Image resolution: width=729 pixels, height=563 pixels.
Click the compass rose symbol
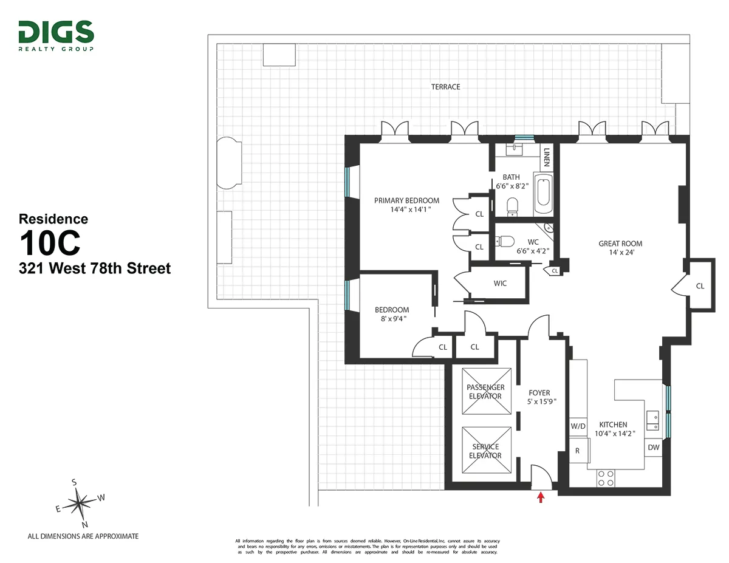click(x=78, y=503)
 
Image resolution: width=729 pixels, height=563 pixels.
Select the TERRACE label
click(x=445, y=87)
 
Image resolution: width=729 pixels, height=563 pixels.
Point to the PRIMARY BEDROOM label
click(x=406, y=200)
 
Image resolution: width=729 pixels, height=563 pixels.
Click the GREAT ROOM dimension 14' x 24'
click(x=620, y=253)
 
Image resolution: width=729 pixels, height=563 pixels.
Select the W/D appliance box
click(x=578, y=426)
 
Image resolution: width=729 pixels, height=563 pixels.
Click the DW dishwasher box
click(x=654, y=448)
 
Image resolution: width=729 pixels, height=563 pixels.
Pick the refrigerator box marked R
click(x=578, y=451)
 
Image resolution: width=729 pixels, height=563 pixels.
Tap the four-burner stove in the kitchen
click(x=605, y=478)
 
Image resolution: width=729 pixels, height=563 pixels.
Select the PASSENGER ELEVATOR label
click(x=485, y=392)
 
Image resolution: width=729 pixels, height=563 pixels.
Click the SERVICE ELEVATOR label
click(x=485, y=451)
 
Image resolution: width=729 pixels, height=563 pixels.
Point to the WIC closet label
click(x=500, y=283)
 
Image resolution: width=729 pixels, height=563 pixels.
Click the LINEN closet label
click(x=547, y=157)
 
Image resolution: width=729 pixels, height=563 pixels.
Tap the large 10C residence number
click(x=50, y=244)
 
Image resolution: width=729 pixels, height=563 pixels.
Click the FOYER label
click(x=539, y=393)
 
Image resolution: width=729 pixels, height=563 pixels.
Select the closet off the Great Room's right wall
click(x=699, y=285)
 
